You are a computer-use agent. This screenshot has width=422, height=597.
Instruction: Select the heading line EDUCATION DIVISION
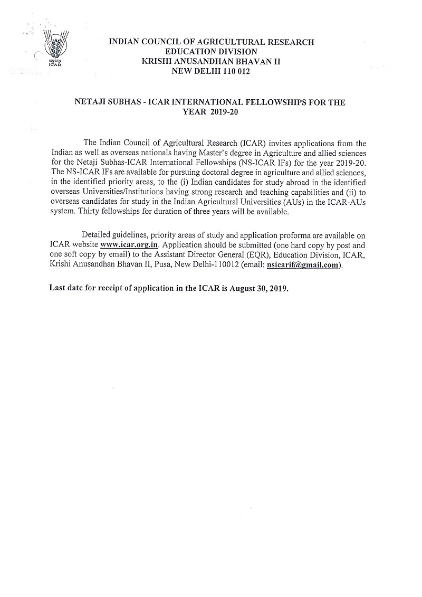[x=211, y=51]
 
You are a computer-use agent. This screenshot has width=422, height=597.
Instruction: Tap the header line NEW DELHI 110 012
[x=211, y=71]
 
